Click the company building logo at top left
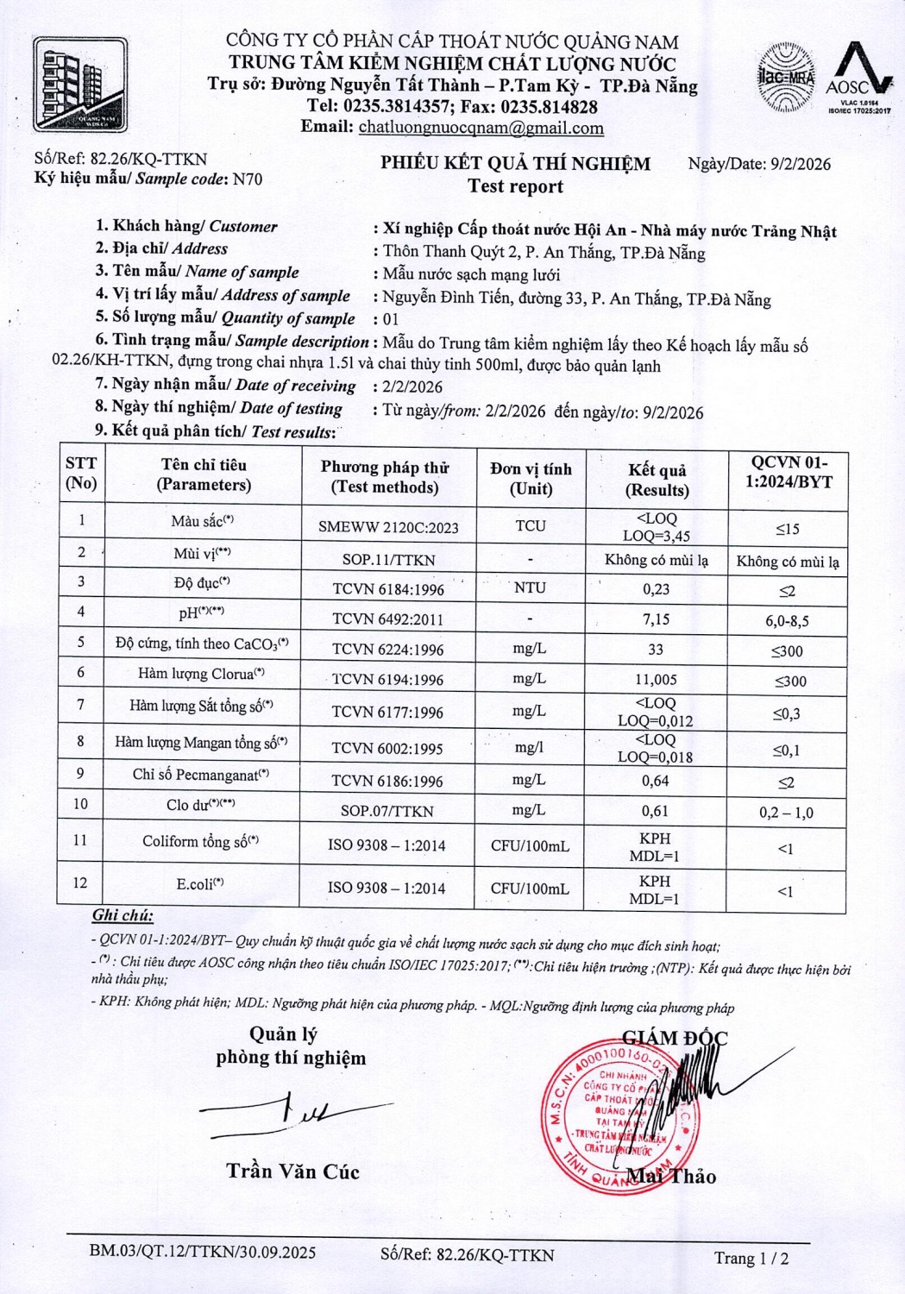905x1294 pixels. click(x=79, y=84)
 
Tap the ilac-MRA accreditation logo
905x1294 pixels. click(x=786, y=78)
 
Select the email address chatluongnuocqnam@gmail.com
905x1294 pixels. click(x=481, y=129)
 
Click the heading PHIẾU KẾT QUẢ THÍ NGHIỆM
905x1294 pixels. click(x=516, y=164)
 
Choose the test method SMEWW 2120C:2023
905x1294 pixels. click(x=388, y=527)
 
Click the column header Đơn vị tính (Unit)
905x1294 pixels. click(x=531, y=478)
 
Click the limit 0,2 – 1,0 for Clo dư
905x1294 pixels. click(x=785, y=813)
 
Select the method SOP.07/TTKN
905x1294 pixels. click(x=387, y=811)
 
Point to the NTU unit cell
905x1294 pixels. click(x=530, y=587)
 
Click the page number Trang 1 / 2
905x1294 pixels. click(x=751, y=1258)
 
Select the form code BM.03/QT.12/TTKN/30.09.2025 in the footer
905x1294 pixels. click(x=203, y=1253)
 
